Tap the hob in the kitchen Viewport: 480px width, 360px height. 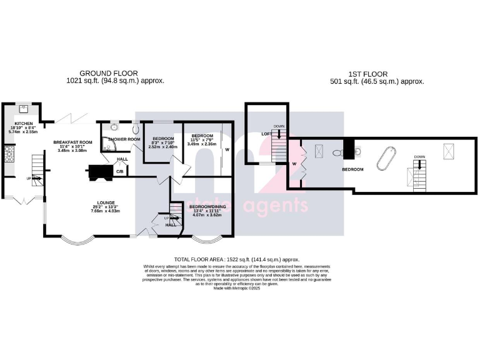[9, 154]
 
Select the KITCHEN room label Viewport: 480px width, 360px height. [24, 124]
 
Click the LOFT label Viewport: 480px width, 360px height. [266, 134]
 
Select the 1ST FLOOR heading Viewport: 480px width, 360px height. [377, 73]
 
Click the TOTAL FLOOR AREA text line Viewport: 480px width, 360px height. [236, 259]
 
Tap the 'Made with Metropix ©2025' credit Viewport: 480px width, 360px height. [236, 288]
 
